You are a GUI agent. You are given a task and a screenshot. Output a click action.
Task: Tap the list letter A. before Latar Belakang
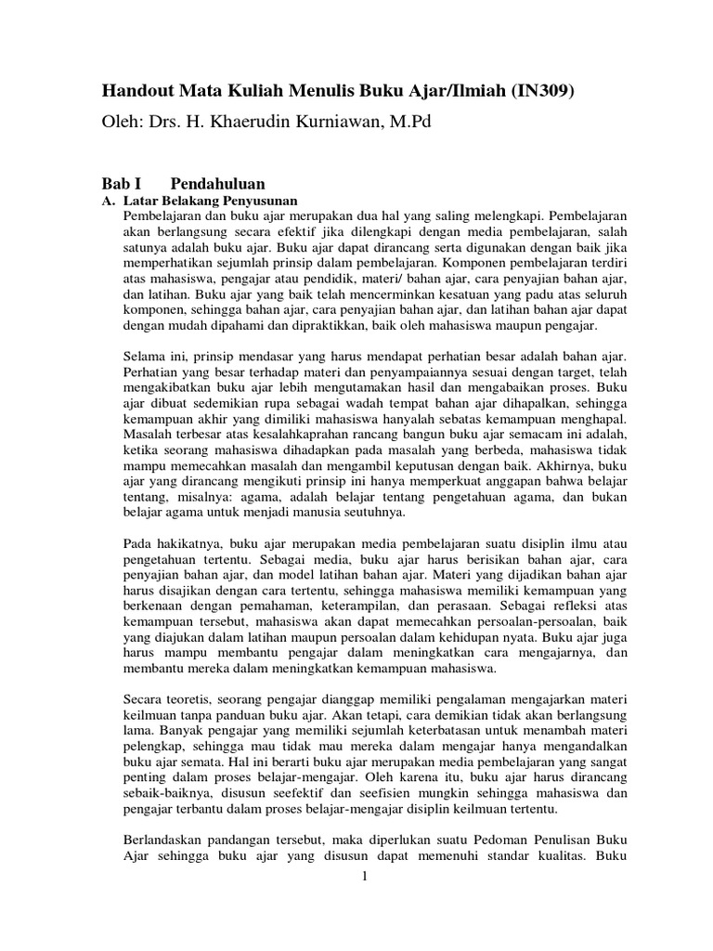107,202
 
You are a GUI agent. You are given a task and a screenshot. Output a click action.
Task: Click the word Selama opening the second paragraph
144,357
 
